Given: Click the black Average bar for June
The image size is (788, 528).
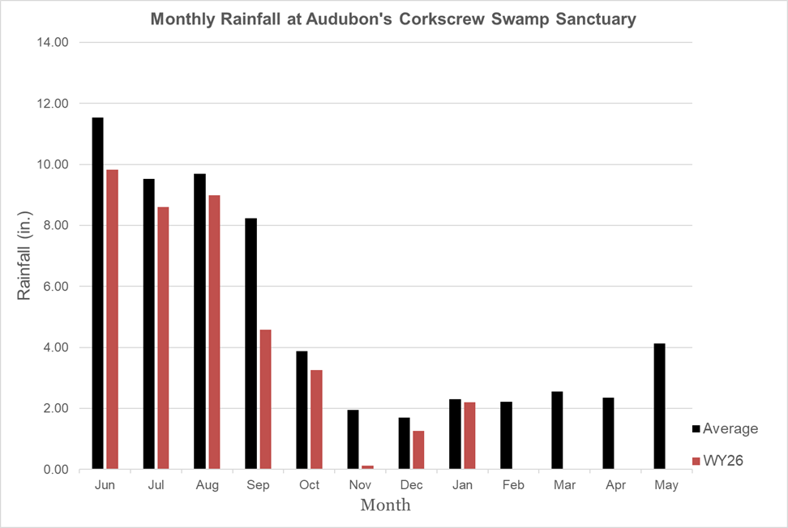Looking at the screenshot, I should coord(97,293).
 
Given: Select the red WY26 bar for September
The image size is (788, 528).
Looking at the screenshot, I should coord(265,399).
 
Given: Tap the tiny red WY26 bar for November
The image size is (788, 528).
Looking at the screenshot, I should coord(367,467).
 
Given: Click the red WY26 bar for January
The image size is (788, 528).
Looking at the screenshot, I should coord(469,436).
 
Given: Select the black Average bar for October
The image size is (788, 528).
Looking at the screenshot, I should coord(302,410).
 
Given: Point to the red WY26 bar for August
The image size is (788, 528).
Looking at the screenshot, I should coord(214,332).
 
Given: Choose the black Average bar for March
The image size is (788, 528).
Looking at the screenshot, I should coord(557,430).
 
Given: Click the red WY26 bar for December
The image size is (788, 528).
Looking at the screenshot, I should coord(418,449).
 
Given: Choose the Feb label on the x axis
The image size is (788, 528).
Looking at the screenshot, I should coord(513,485).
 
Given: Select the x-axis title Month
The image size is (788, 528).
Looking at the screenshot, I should coord(385,506).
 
